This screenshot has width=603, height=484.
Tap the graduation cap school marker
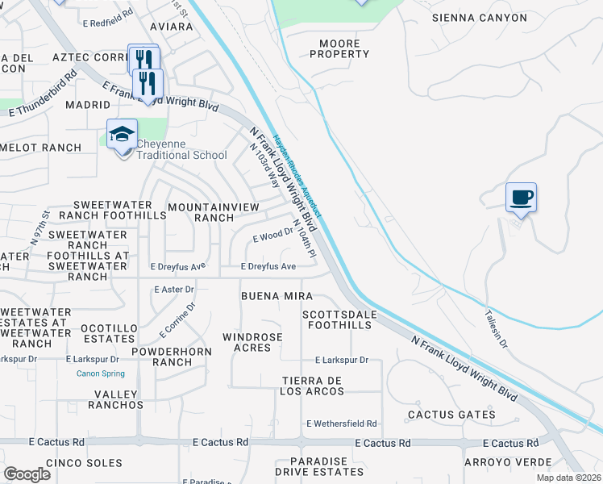tap(122, 134)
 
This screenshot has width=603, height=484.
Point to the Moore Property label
tap(339, 48)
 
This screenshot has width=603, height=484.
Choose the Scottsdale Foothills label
tap(337, 320)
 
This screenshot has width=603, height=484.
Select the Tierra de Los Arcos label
tap(313, 386)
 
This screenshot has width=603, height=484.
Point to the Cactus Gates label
tap(451, 415)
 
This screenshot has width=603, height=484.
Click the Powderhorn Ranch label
tap(176, 357)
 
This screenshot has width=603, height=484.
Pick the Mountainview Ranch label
tap(213, 213)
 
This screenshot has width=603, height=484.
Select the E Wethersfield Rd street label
tap(341, 423)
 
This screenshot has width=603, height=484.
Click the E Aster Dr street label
tap(174, 289)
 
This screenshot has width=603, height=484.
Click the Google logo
tap(27, 474)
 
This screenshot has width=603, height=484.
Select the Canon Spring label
tap(101, 373)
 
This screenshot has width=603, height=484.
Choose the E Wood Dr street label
tap(272, 235)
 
